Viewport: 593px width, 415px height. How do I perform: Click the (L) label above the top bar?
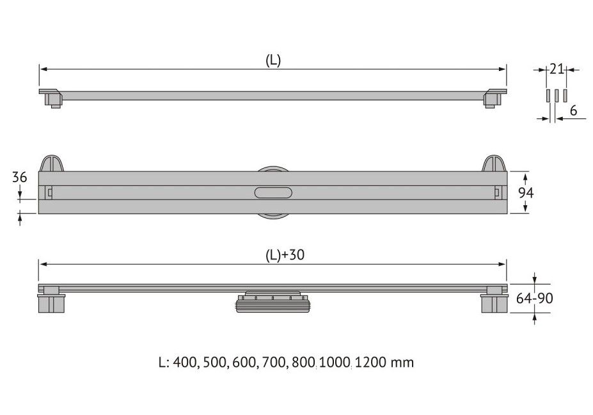pos(273,61)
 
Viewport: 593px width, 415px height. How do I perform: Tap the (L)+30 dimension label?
pos(285,255)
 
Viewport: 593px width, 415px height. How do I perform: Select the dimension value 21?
pos(557,69)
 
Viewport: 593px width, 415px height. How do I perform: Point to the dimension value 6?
pos(573,111)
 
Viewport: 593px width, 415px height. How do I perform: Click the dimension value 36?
pos(20,177)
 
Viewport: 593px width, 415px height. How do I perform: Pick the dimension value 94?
pos(526,192)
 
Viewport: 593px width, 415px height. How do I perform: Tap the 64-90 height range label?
pos(534,299)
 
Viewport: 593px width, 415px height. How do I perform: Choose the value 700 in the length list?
pos(273,363)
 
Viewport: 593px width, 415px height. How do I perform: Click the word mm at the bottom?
pos(402,363)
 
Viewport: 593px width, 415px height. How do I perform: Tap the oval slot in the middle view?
pos(273,192)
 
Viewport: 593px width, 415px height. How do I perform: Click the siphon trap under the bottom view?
pos(273,302)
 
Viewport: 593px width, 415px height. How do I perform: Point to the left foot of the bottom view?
pos(51,299)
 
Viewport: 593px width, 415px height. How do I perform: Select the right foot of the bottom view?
pos(494,299)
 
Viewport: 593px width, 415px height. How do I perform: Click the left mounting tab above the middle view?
pos(52,163)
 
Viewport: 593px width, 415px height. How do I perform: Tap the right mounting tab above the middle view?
pos(494,163)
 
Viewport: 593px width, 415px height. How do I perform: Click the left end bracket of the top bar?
pos(51,98)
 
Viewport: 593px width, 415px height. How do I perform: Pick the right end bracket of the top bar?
pos(494,98)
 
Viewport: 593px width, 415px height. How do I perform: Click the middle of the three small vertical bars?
pos(557,96)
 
